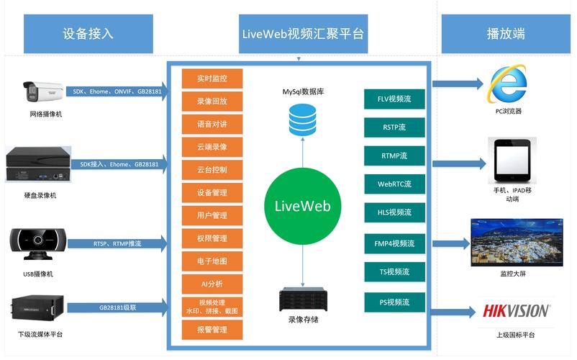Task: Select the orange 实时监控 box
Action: point(212,78)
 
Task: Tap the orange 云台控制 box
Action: point(212,170)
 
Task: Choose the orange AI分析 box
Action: point(212,284)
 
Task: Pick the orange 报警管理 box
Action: point(212,330)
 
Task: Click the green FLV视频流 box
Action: point(394,99)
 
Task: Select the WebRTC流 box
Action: point(394,184)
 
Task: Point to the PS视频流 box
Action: point(394,302)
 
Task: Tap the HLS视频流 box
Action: point(394,212)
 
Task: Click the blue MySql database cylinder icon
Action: point(302,120)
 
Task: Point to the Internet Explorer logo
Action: point(507,84)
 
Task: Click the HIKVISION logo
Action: point(516,311)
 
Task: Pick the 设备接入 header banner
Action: point(88,33)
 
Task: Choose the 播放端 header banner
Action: point(505,33)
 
